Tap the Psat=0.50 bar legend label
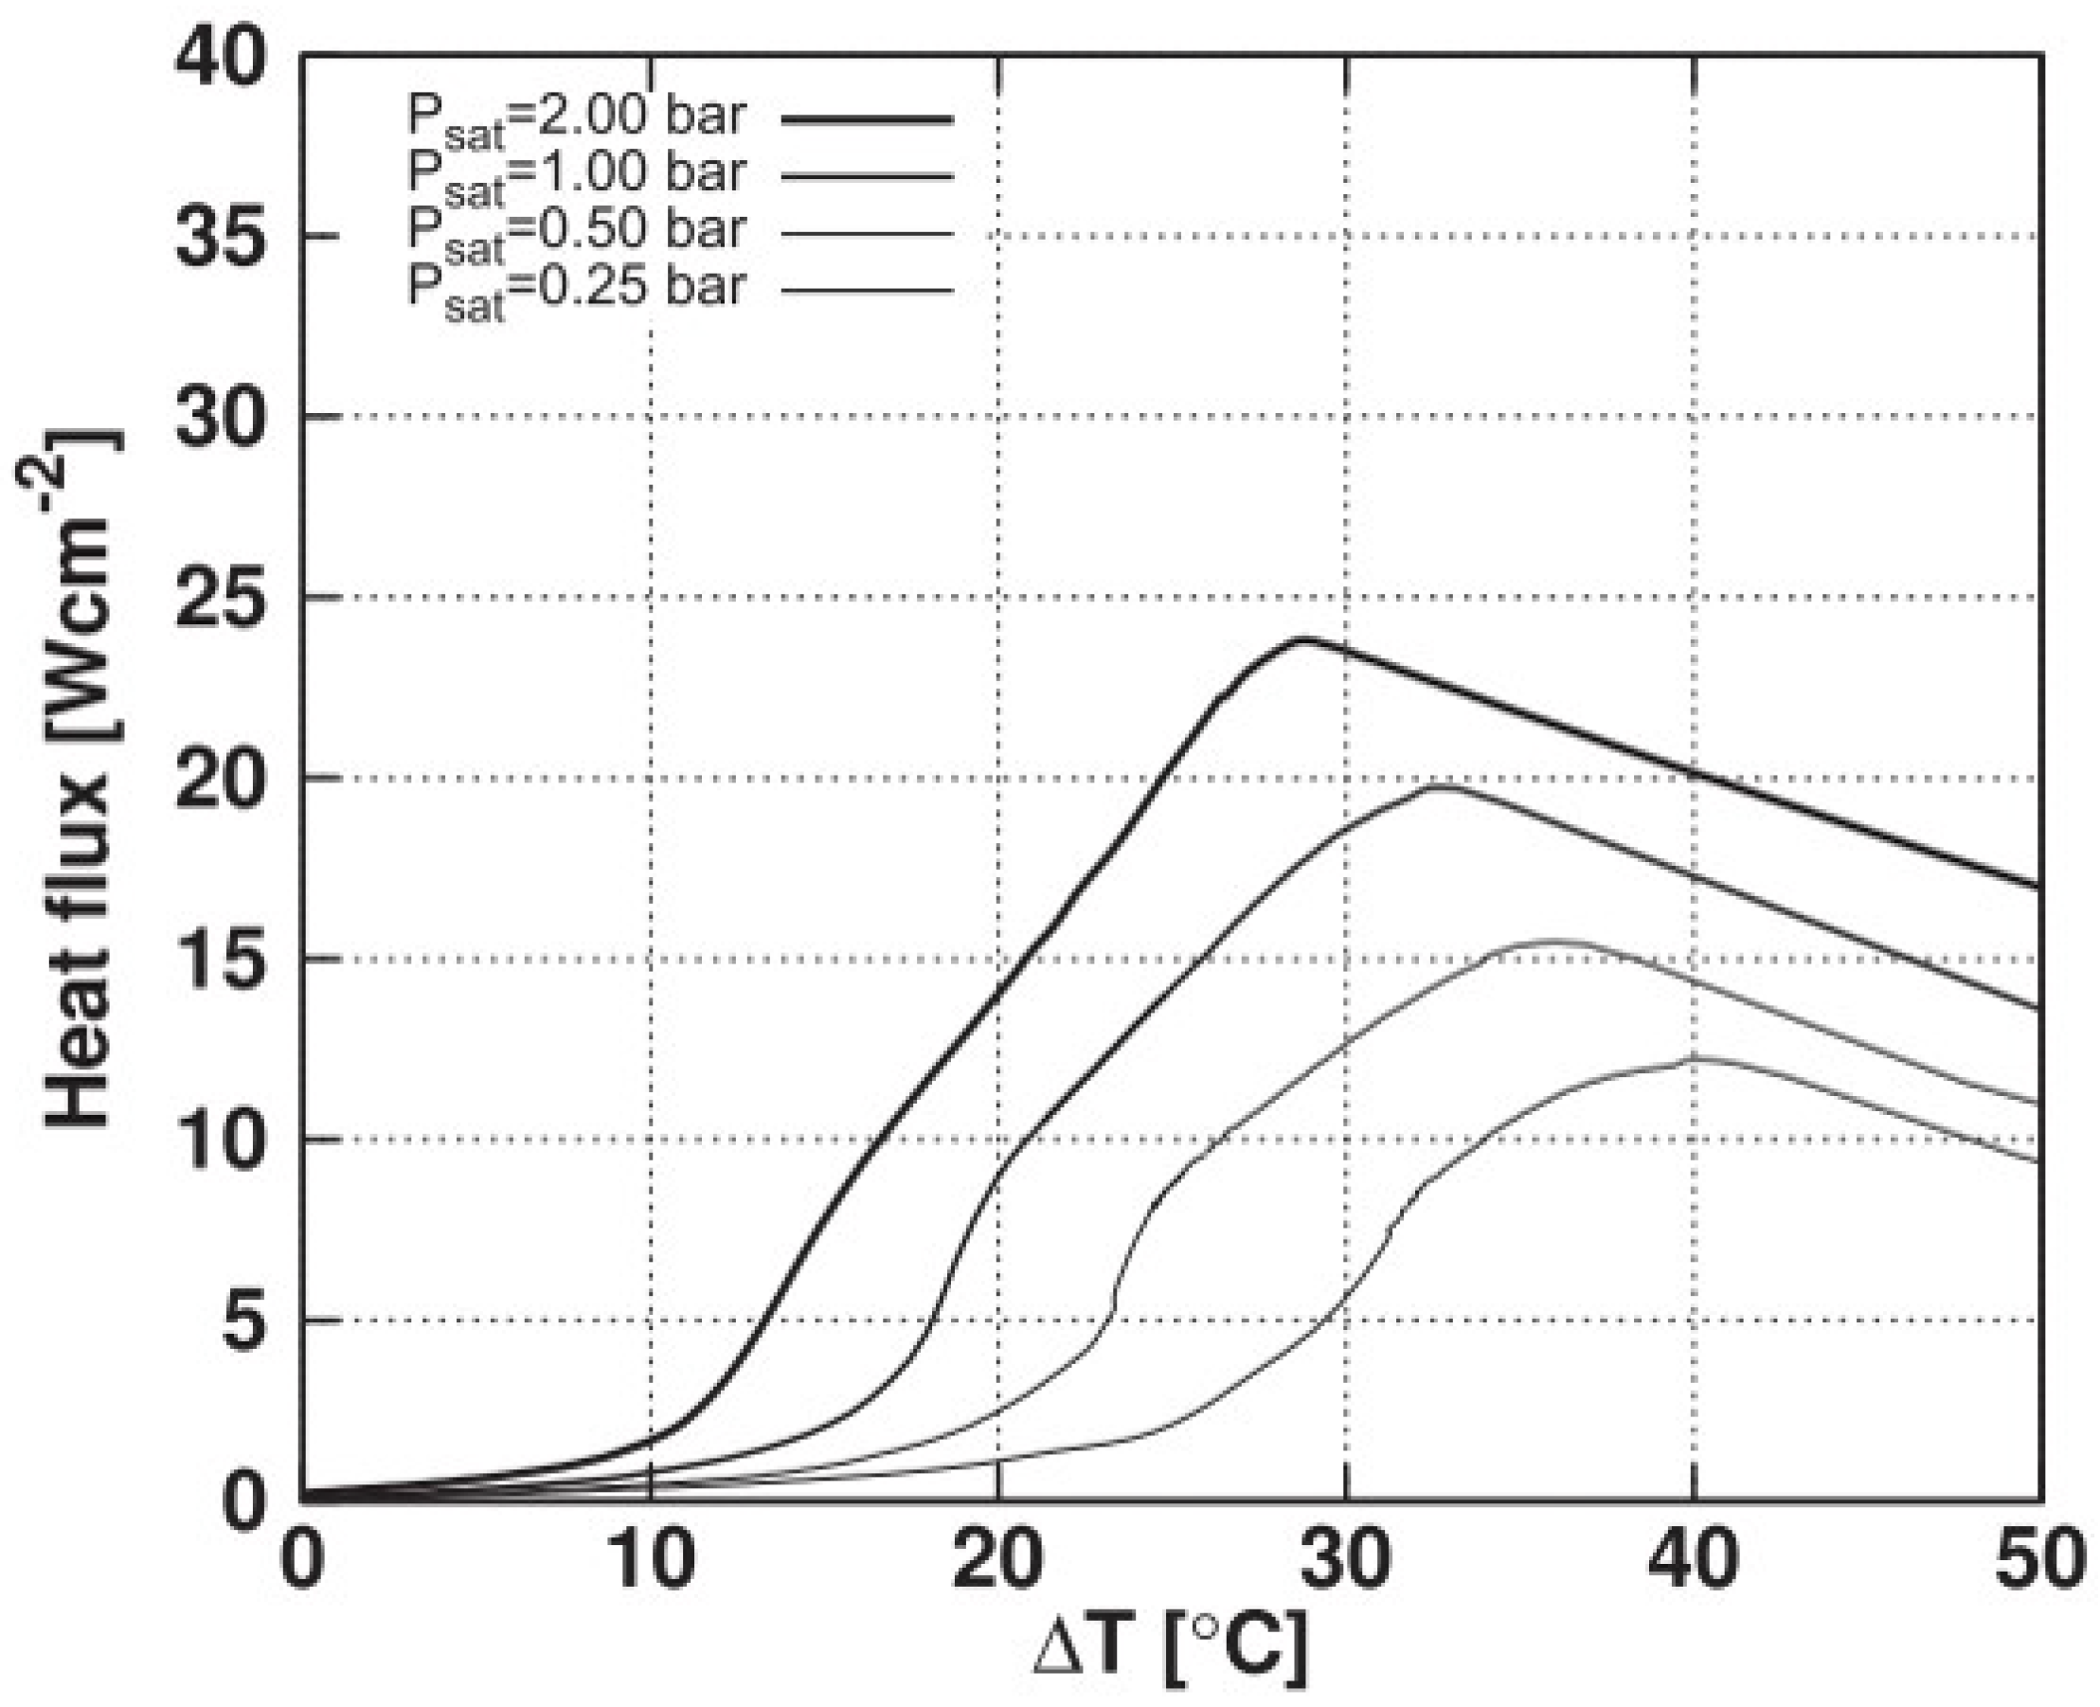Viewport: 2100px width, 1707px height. (577, 233)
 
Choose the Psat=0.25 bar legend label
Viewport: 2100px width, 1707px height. (577, 290)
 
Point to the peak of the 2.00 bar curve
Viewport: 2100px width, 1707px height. (1303, 639)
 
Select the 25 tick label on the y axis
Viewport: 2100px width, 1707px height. (220, 597)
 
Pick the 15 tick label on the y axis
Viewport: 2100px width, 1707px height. (220, 959)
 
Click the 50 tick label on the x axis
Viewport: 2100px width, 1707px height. (2039, 1558)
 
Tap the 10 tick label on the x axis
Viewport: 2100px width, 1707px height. (651, 1558)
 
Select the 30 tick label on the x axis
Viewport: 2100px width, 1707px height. (1345, 1558)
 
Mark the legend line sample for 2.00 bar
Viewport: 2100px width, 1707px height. (867, 120)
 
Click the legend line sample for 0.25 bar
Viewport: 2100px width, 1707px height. (867, 290)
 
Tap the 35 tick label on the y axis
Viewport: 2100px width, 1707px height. (220, 236)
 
